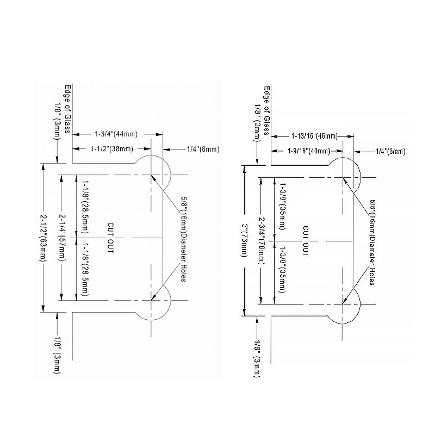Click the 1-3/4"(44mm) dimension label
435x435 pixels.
tap(116, 134)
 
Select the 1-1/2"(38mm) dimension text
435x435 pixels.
tap(112, 149)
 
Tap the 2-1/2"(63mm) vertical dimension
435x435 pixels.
tap(43, 238)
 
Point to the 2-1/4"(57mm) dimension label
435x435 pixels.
tap(61, 238)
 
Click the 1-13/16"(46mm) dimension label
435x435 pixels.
tap(314, 136)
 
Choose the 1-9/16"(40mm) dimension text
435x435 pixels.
tap(309, 151)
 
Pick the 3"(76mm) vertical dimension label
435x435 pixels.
tap(244, 240)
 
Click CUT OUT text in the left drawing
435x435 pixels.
tap(110, 238)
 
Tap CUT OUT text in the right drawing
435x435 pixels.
tap(306, 241)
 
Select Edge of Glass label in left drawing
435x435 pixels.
tap(67, 109)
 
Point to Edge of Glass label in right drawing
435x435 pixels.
tap(266, 110)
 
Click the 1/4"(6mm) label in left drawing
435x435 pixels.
tap(203, 149)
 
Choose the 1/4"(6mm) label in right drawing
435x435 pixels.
tap(390, 152)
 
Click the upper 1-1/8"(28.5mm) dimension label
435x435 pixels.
tap(85, 207)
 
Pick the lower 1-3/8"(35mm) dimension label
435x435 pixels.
tap(282, 269)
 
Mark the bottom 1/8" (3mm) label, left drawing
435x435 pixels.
tap(57, 355)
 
